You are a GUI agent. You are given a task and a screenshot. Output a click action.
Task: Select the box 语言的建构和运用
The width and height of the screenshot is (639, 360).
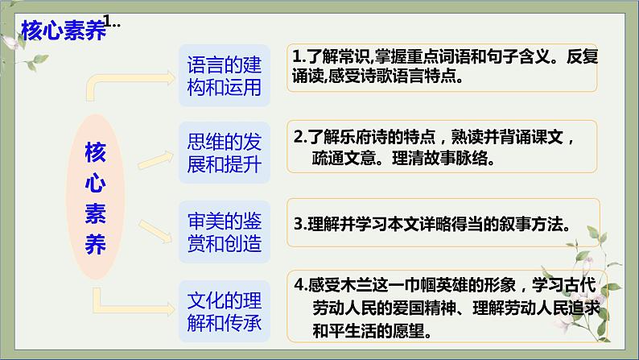224,75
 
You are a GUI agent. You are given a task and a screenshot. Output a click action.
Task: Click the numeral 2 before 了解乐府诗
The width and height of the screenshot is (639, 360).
297,134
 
